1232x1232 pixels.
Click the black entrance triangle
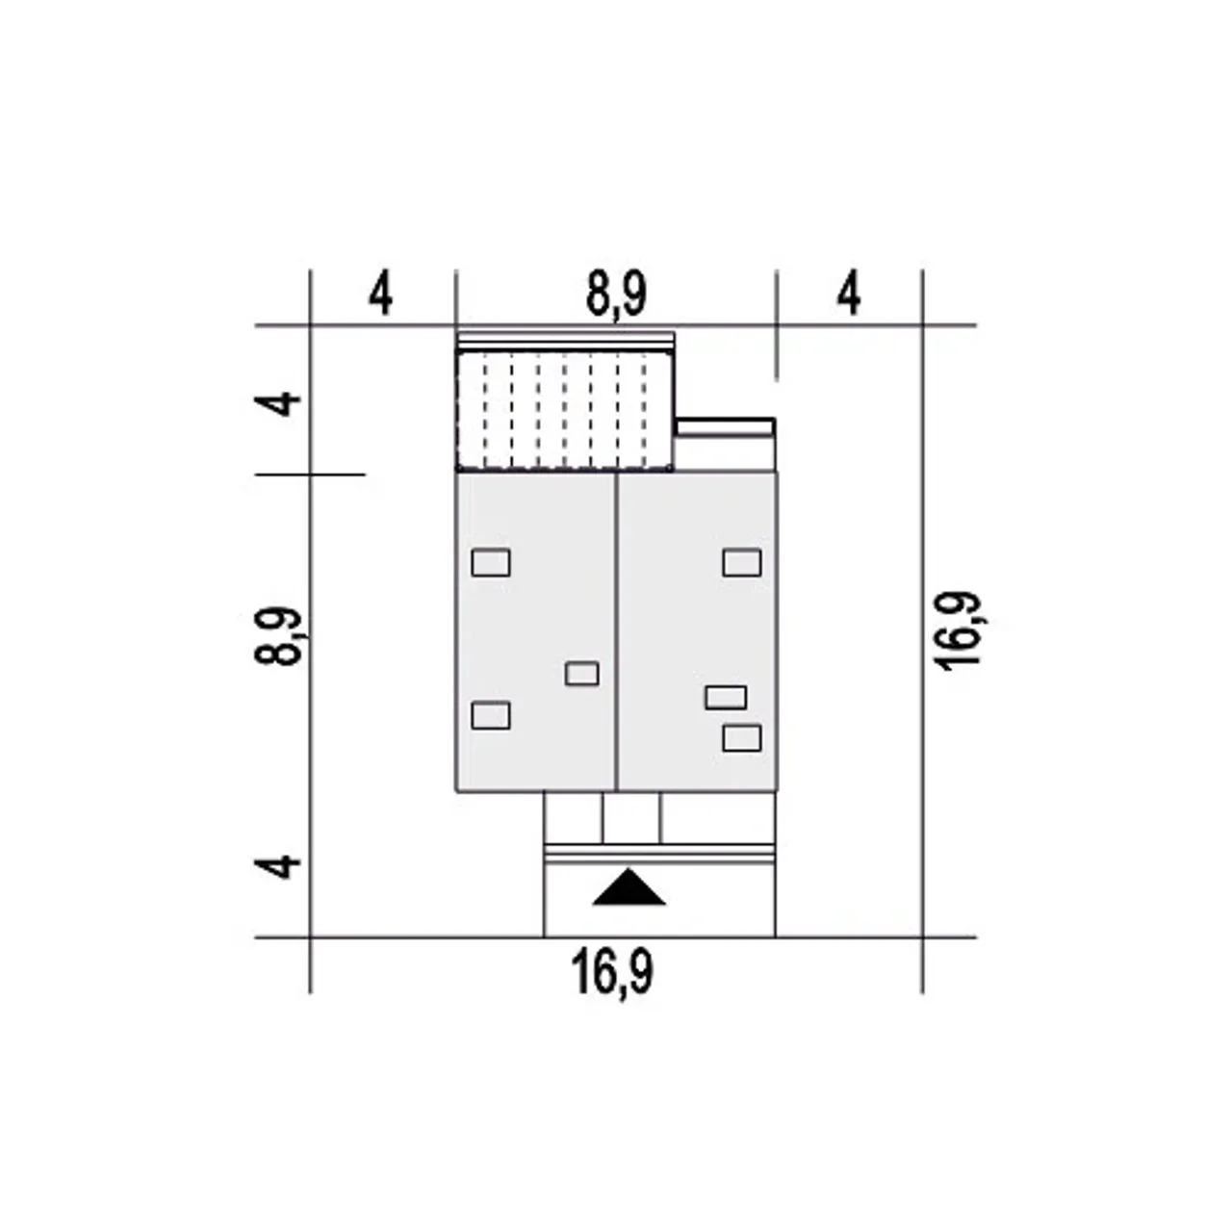[x=629, y=888]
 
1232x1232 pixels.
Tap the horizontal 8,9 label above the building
[x=616, y=296]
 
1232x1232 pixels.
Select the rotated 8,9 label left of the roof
[x=281, y=636]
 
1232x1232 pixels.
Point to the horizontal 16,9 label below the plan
[x=612, y=972]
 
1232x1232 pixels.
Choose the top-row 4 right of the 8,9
[x=848, y=295]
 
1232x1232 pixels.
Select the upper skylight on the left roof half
[x=491, y=563]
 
